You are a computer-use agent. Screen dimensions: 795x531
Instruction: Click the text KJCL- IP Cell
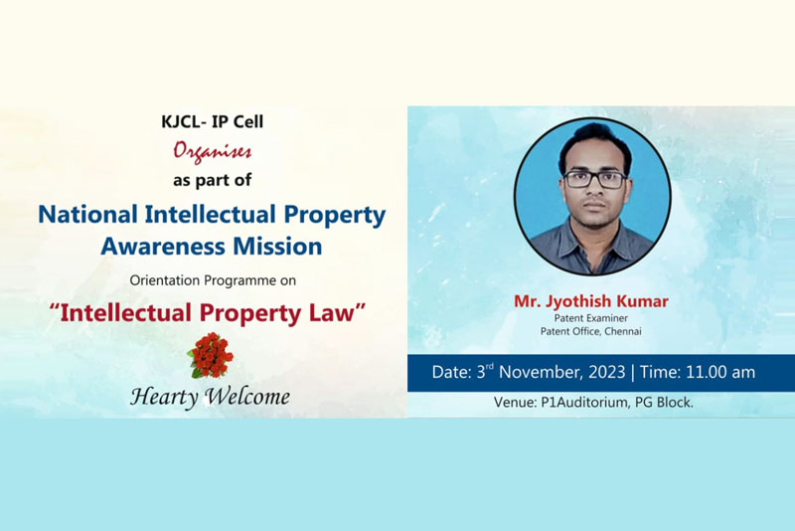point(212,121)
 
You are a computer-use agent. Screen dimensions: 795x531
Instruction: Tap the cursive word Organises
point(212,151)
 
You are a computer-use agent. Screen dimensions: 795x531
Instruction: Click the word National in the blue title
point(88,214)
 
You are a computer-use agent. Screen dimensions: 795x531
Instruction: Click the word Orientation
point(164,280)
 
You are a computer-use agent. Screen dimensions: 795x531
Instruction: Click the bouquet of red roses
point(211,355)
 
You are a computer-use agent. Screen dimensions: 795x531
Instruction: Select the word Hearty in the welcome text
point(164,397)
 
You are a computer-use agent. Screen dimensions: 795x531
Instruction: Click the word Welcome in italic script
point(247,396)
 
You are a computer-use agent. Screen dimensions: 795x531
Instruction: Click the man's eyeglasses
point(595,180)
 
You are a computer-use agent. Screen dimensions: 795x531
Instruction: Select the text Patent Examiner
point(590,318)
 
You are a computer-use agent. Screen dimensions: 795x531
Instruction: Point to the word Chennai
point(623,331)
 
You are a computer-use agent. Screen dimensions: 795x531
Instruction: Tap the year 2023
point(607,372)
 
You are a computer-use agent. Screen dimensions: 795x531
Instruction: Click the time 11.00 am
point(719,372)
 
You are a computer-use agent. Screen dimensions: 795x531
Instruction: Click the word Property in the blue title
point(335,215)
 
